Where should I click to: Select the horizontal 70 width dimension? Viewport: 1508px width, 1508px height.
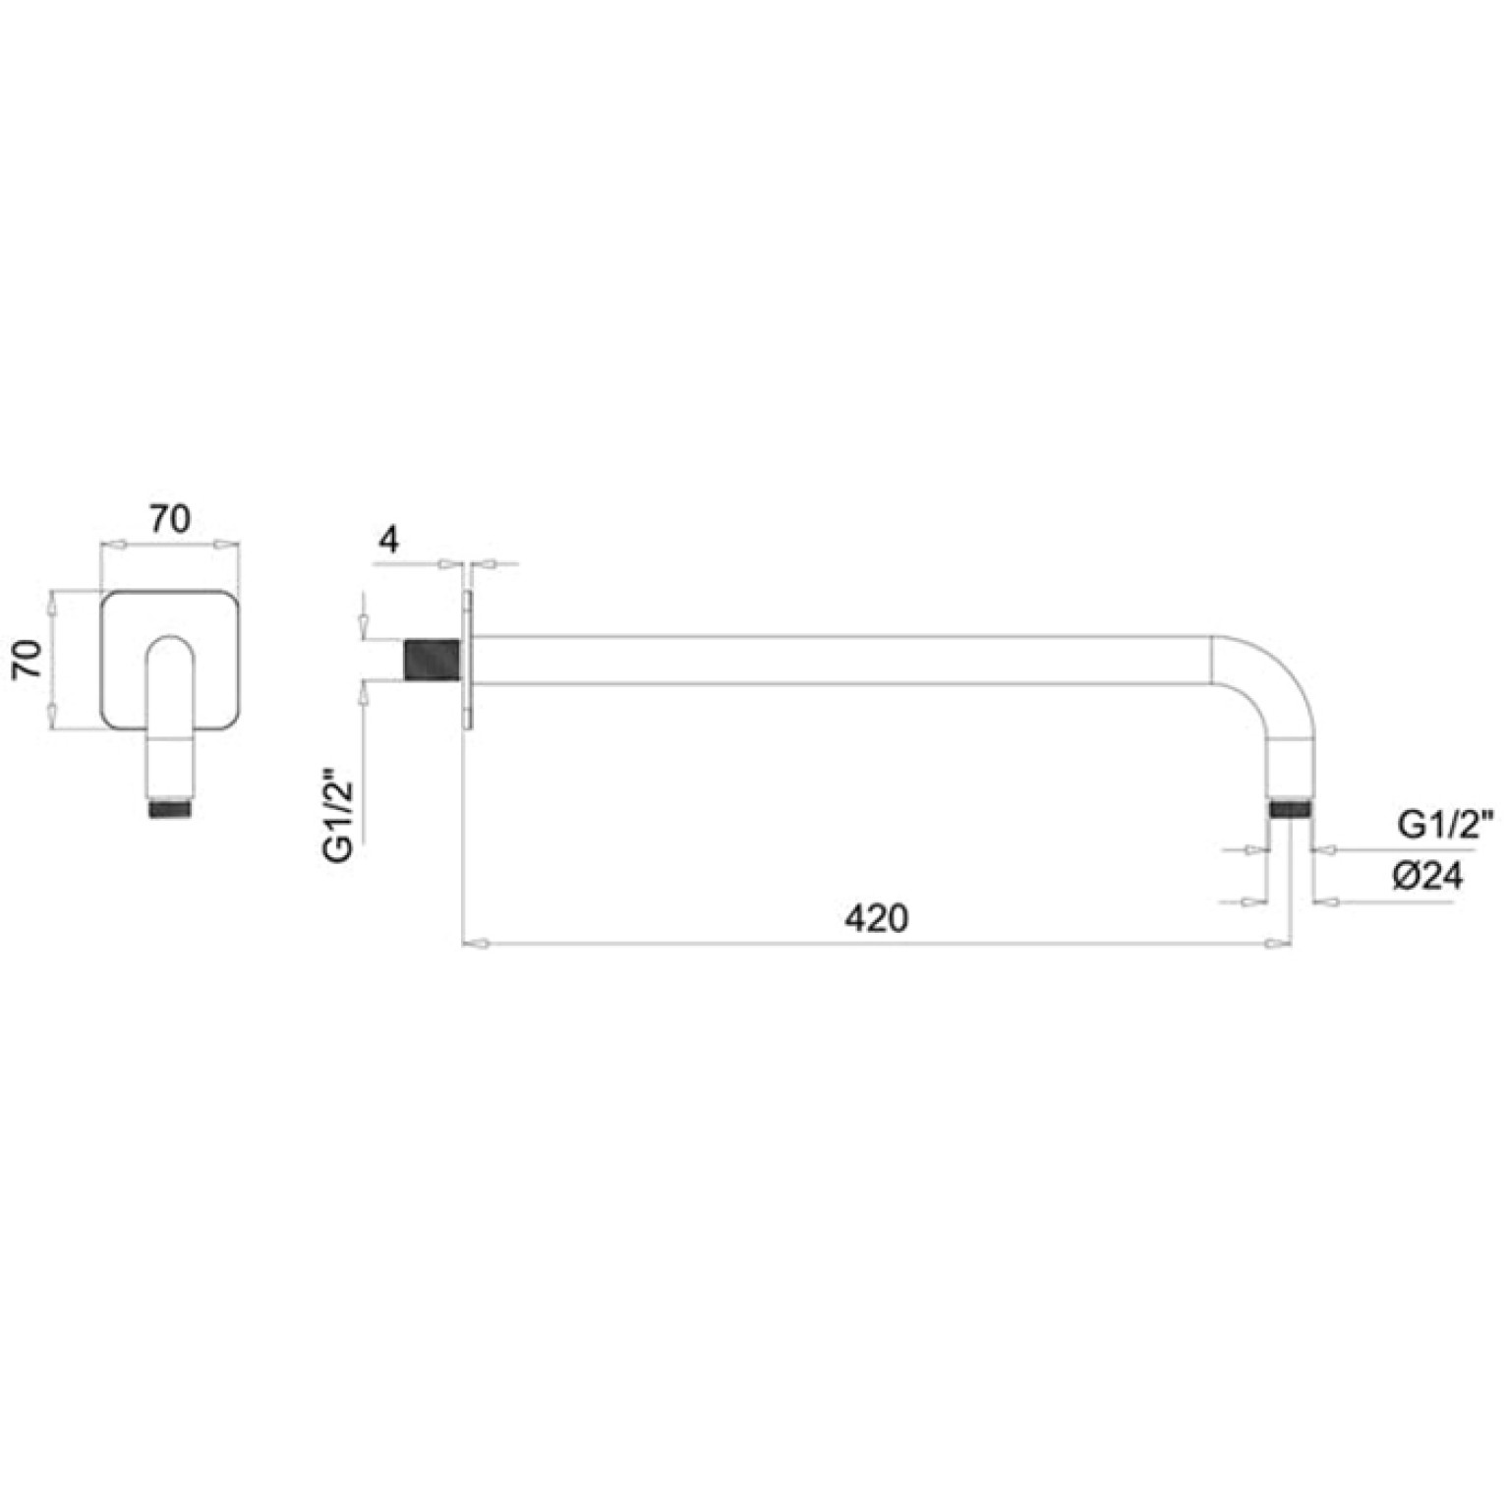[170, 518]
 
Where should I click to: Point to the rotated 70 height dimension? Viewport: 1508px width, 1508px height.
[28, 659]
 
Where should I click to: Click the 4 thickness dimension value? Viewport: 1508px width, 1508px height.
[390, 540]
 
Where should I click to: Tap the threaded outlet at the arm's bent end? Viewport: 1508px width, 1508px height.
[1290, 810]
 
